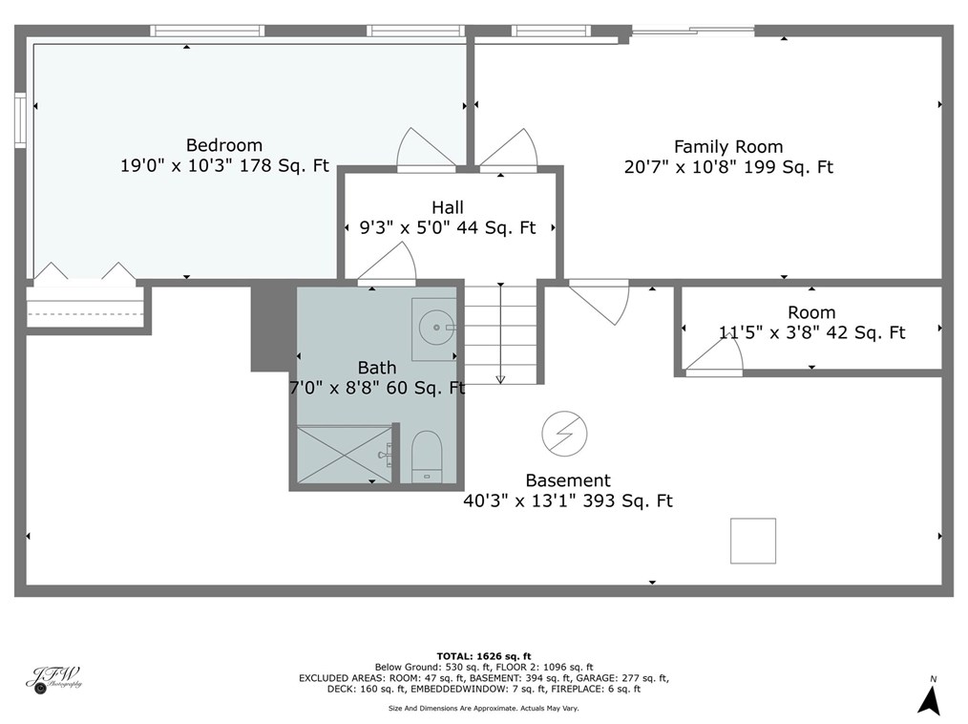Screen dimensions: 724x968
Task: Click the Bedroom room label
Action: pyautogui.click(x=223, y=145)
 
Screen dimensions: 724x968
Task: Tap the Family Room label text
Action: pyautogui.click(x=727, y=147)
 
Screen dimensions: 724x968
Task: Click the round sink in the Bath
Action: pyautogui.click(x=436, y=328)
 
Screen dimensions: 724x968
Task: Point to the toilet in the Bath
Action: pyautogui.click(x=426, y=457)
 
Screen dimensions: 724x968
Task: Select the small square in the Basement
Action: pyautogui.click(x=753, y=541)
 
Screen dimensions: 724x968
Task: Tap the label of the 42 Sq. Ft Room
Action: pyautogui.click(x=811, y=312)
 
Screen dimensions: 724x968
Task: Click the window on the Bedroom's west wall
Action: pyautogui.click(x=20, y=118)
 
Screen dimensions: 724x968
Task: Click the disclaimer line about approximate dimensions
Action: pyautogui.click(x=483, y=708)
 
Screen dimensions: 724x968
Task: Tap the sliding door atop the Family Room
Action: pyautogui.click(x=693, y=31)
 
